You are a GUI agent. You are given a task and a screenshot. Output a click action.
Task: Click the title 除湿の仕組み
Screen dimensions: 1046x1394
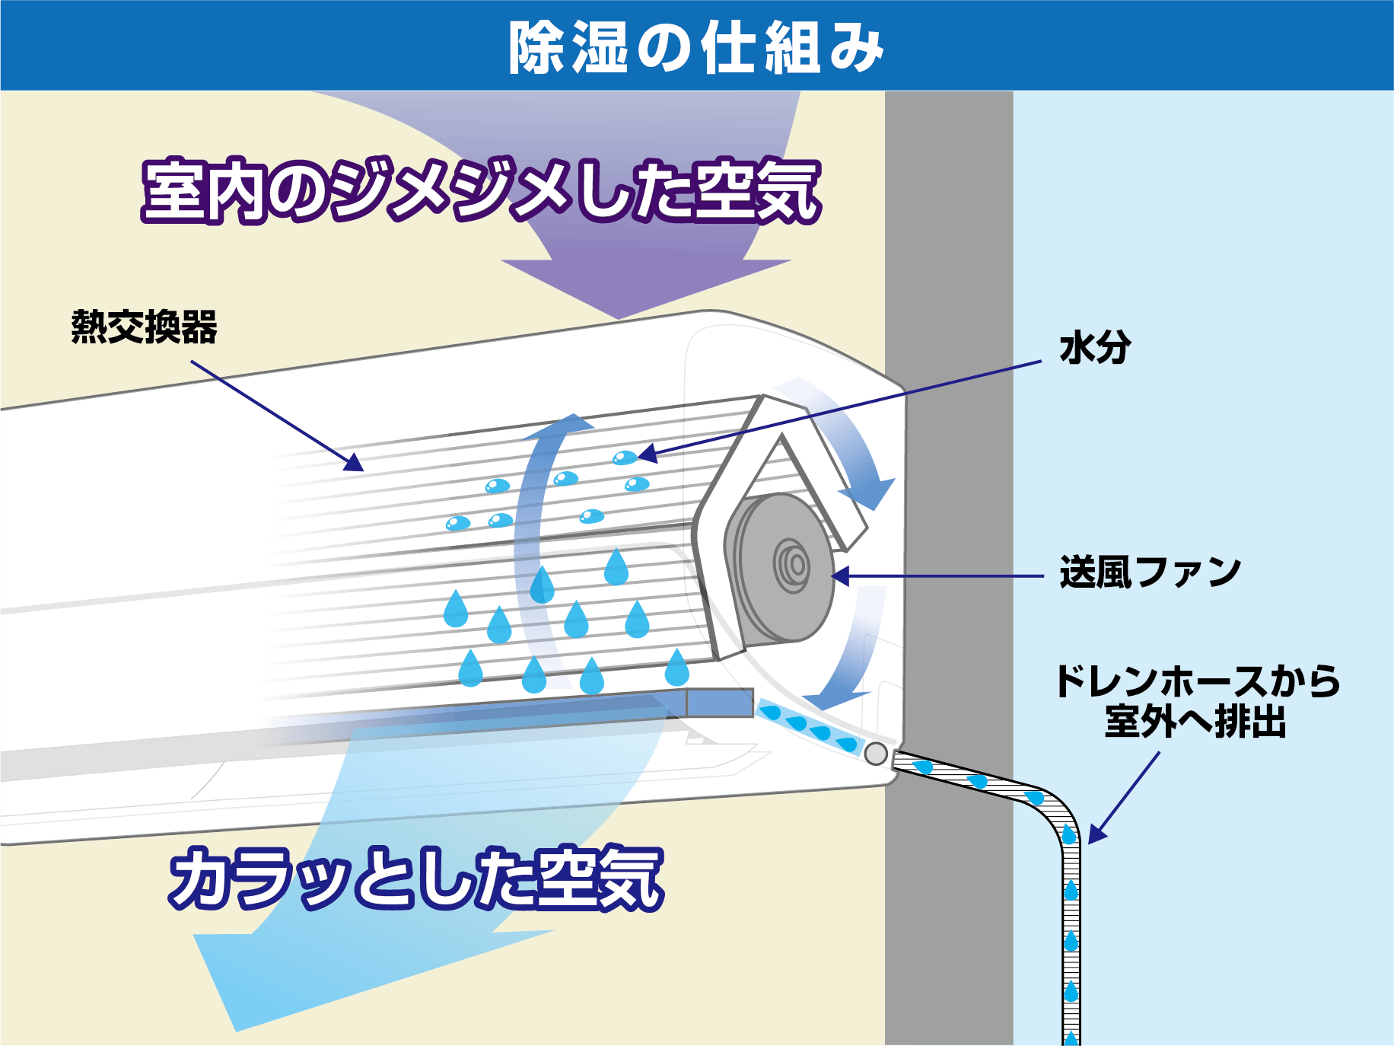pos(695,47)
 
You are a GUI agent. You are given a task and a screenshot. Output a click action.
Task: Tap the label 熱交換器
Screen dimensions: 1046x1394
pos(145,327)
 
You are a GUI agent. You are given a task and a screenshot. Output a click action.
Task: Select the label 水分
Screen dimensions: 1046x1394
pos(1095,348)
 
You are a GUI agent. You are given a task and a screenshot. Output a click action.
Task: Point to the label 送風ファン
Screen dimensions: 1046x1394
pos(1150,572)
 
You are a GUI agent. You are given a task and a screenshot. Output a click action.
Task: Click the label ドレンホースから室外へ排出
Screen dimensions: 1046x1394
pos(1196,701)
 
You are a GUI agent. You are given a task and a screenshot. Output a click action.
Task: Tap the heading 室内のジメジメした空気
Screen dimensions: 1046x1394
pos(481,190)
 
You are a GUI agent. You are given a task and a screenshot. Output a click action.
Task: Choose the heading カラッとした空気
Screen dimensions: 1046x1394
pos(416,879)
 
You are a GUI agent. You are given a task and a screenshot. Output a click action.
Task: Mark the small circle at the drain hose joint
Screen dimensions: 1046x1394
pos(876,754)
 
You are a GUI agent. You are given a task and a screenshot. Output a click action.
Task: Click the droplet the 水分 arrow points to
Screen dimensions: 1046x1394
pos(625,458)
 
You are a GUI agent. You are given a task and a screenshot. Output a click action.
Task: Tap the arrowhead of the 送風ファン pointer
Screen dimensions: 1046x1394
pos(840,576)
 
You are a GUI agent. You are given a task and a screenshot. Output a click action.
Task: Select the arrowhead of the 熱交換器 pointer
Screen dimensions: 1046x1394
pos(354,463)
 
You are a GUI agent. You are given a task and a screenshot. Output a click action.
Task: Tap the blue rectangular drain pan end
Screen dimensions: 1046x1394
pos(720,703)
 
